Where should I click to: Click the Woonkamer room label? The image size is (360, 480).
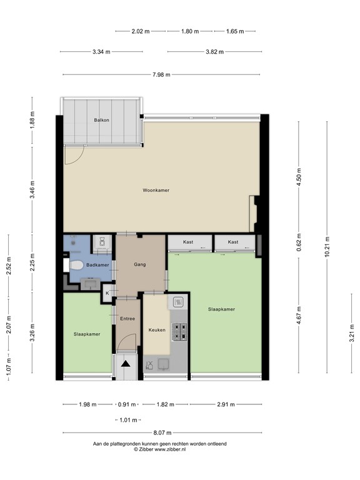coord(156,190)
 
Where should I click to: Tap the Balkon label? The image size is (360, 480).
coord(102,120)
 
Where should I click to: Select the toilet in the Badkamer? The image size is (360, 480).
coord(76,266)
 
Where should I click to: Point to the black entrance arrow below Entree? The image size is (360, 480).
coord(126,364)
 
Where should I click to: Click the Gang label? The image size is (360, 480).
coord(140,264)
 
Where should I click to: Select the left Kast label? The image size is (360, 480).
coord(188,242)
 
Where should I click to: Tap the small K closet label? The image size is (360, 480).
coord(107,292)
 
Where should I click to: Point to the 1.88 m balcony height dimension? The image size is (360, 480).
coord(32,120)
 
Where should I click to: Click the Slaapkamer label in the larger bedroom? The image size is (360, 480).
coord(221,309)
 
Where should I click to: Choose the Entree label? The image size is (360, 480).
coord(127,319)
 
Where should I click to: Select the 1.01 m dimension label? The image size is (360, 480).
coord(127,419)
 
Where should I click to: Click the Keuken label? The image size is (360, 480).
coord(156,329)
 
